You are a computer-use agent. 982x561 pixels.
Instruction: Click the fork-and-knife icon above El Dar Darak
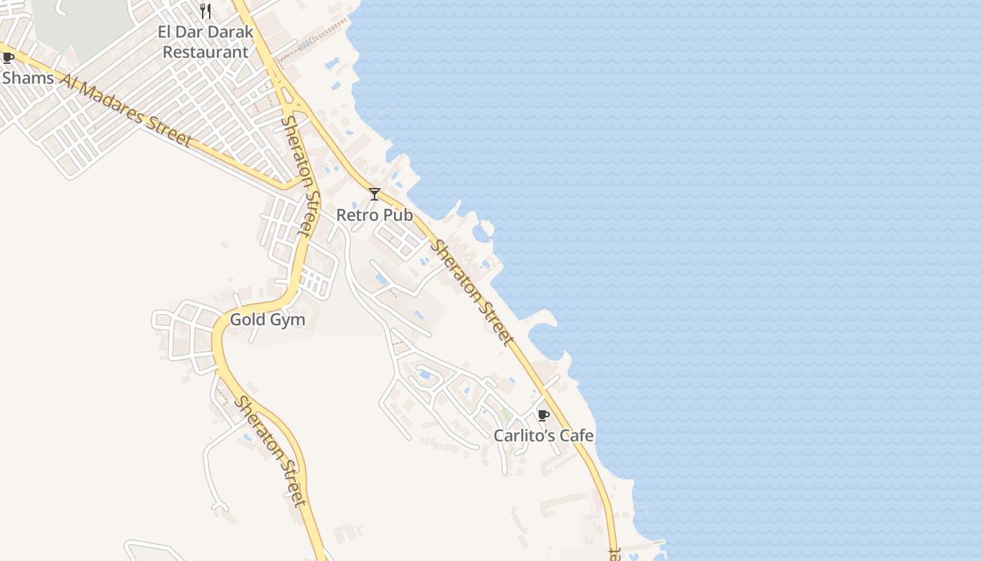click(x=206, y=11)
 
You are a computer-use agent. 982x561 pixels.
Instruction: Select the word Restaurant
click(x=206, y=52)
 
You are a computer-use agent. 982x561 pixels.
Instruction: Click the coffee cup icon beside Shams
click(x=8, y=58)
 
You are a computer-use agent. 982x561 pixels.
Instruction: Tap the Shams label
click(x=28, y=78)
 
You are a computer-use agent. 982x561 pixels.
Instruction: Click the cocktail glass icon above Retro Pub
click(x=375, y=194)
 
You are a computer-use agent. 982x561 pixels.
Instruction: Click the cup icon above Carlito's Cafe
click(x=543, y=415)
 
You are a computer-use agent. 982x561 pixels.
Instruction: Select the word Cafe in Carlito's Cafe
click(x=577, y=435)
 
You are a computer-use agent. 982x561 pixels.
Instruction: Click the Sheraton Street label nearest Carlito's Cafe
click(x=472, y=292)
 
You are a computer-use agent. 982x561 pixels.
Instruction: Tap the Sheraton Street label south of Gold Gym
click(x=271, y=451)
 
